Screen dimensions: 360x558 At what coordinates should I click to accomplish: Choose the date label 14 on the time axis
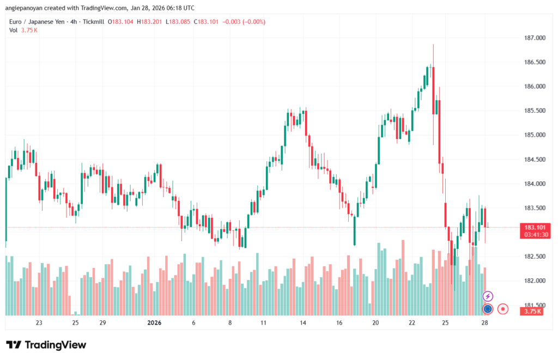pyautogui.click(x=302, y=323)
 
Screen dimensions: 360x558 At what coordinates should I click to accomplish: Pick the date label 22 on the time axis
pyautogui.click(x=412, y=323)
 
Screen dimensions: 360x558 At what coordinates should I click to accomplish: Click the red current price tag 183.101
pyautogui.click(x=536, y=227)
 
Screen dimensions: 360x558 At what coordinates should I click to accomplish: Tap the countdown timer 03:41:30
pyautogui.click(x=536, y=235)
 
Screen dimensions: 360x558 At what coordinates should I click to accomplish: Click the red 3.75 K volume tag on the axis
pyautogui.click(x=531, y=312)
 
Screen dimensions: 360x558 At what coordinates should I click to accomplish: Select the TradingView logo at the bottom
pyautogui.click(x=46, y=345)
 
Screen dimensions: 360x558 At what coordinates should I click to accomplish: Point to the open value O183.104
pyautogui.click(x=120, y=22)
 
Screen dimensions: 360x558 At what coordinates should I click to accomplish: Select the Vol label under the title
pyautogui.click(x=14, y=30)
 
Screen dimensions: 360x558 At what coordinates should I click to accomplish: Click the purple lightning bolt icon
pyautogui.click(x=488, y=296)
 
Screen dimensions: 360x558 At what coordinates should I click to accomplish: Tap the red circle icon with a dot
pyautogui.click(x=504, y=309)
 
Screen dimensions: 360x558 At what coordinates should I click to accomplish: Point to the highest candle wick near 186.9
pyautogui.click(x=433, y=45)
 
